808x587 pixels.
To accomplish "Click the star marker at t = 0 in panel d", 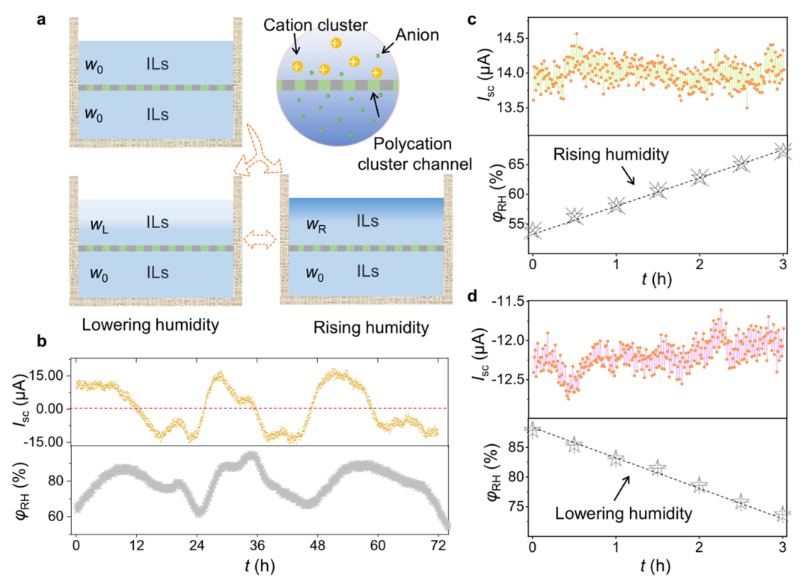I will tap(532, 430).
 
